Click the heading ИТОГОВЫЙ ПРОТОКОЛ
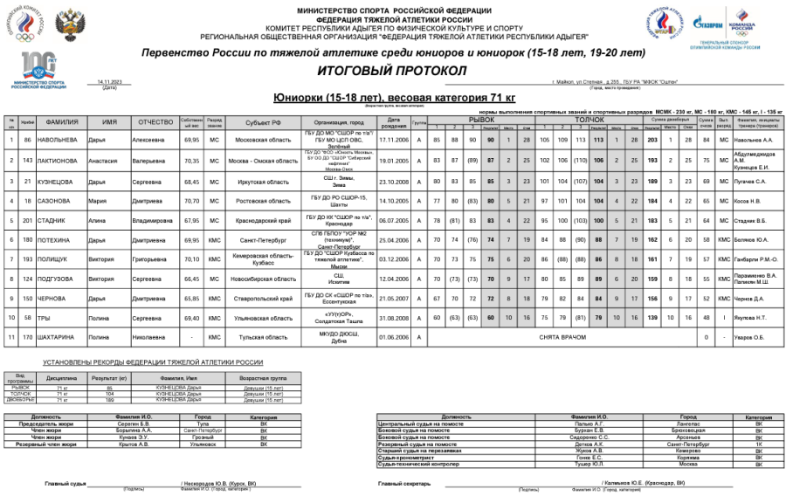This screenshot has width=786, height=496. (394, 69)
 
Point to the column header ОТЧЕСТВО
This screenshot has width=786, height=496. (156, 122)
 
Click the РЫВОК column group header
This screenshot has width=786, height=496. (481, 119)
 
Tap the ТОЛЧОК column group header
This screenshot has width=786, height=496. (589, 119)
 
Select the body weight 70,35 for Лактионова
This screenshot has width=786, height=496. (192, 161)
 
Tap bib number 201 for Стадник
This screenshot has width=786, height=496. (28, 221)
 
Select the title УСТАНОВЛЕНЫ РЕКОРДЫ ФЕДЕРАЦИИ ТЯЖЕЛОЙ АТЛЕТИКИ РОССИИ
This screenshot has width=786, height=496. (153, 362)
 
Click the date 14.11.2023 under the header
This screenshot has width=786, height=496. (109, 81)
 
